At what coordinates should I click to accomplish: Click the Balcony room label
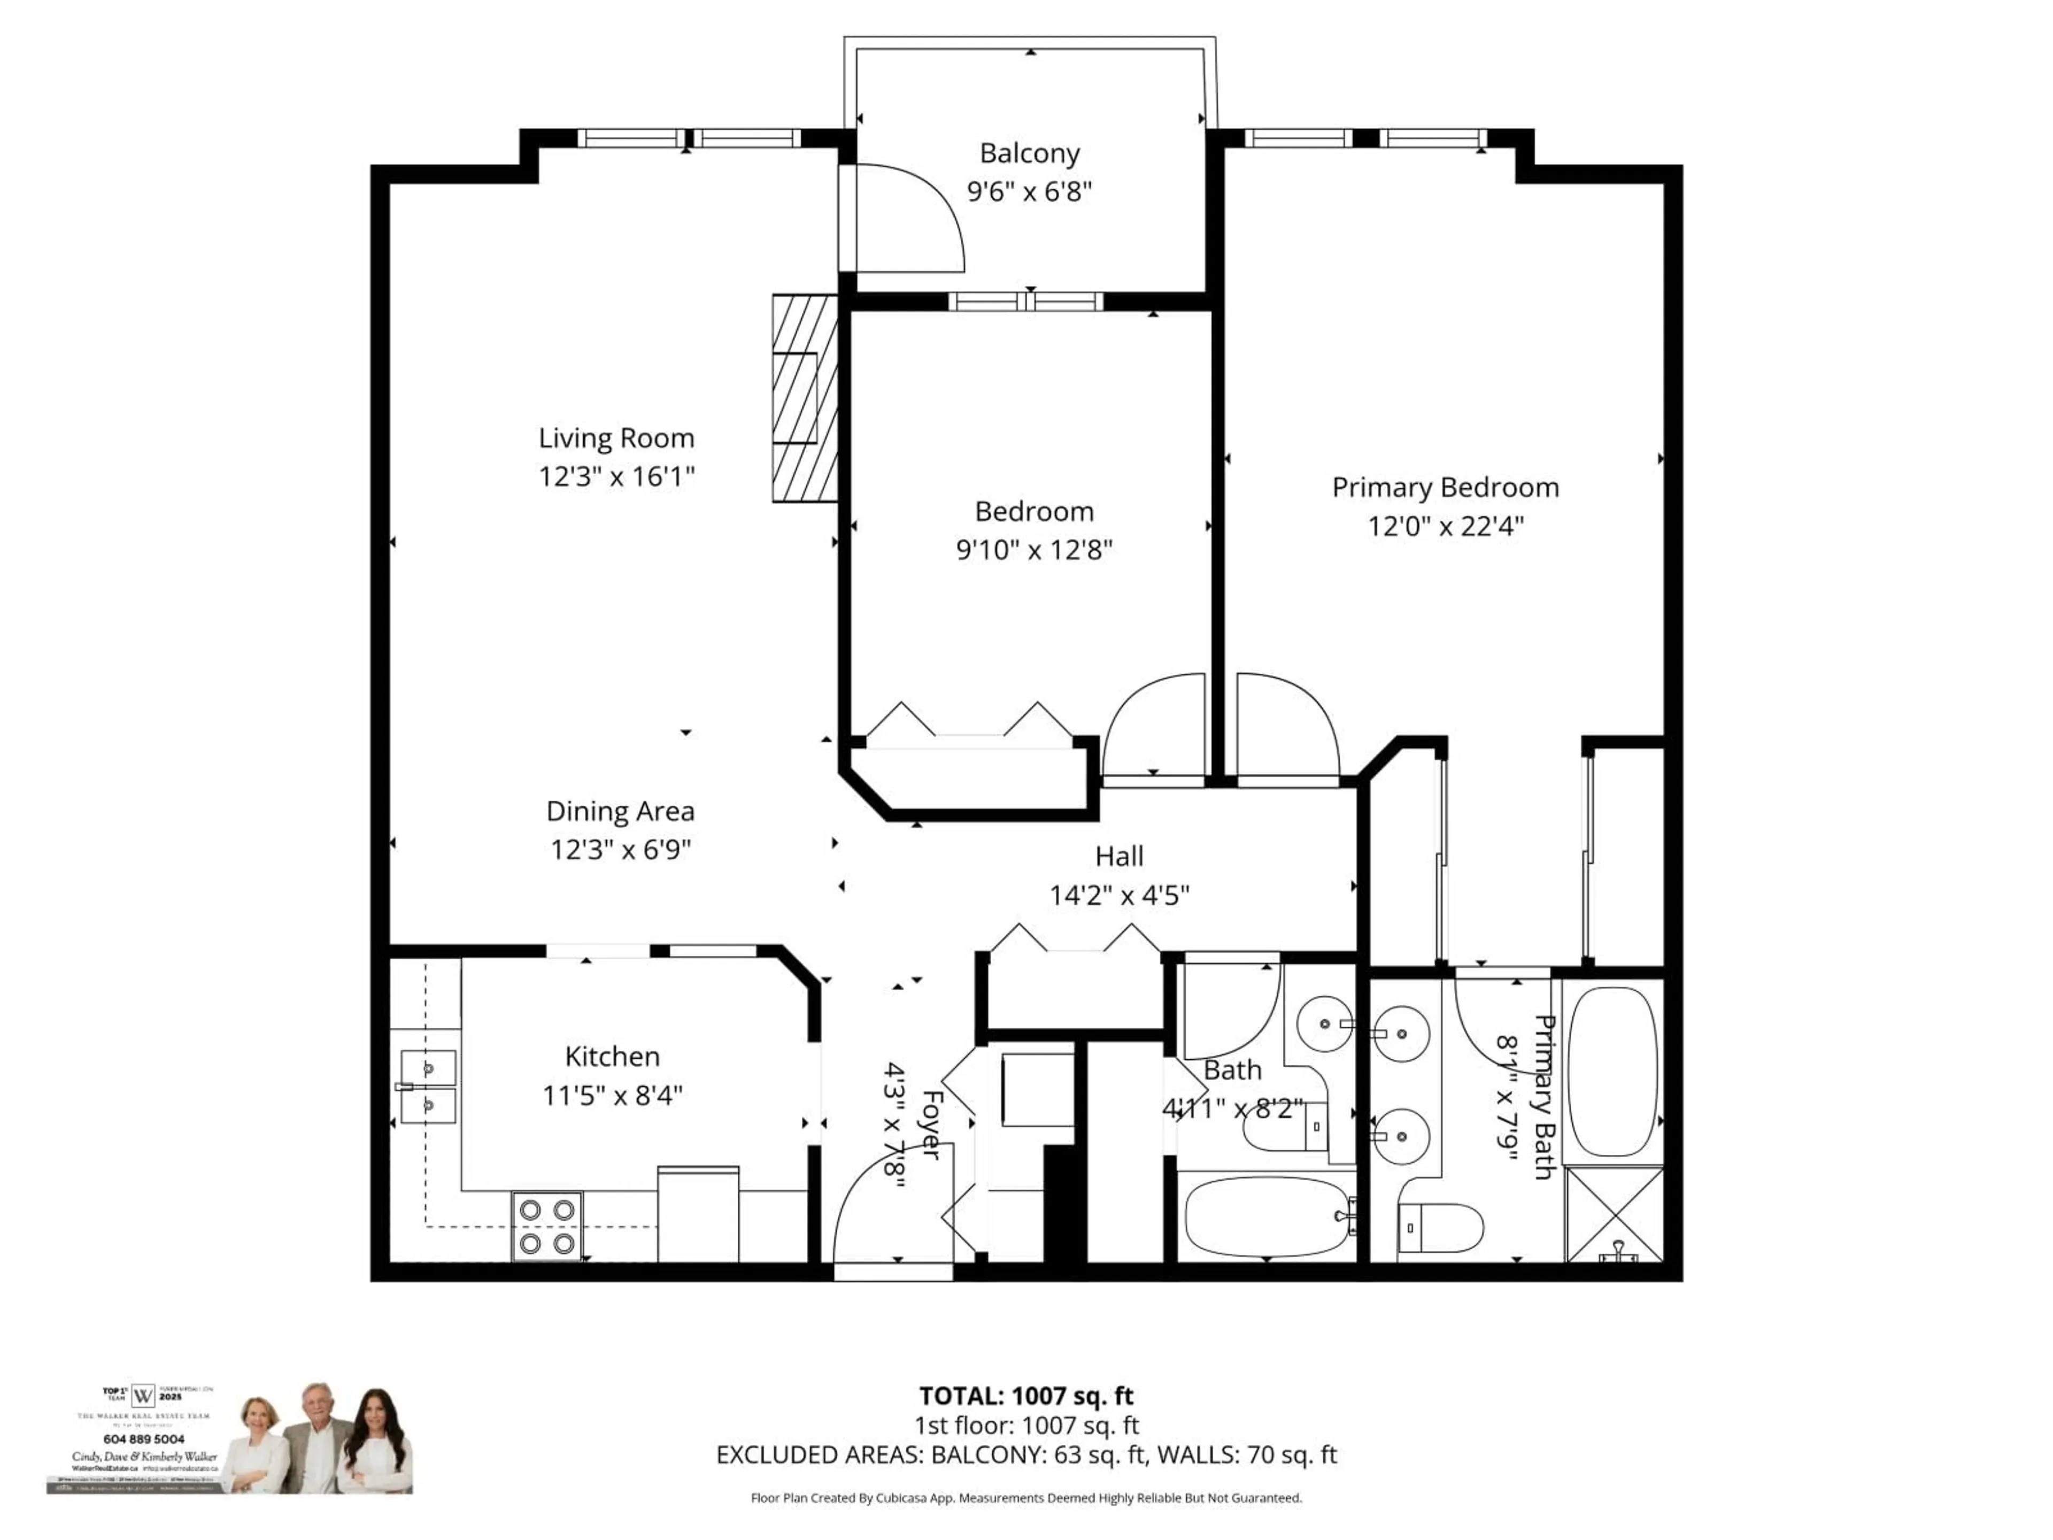(1029, 153)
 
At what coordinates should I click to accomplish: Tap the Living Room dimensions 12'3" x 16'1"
(616, 476)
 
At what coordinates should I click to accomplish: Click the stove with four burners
(546, 1226)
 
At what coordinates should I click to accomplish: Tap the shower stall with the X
(1614, 1214)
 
